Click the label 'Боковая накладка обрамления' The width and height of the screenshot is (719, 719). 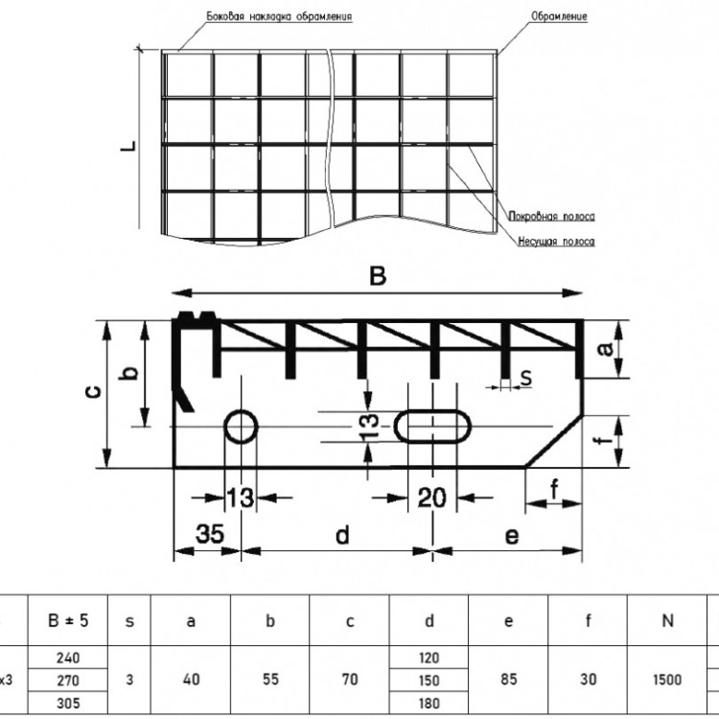(279, 17)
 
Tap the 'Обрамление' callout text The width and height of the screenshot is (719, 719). (559, 17)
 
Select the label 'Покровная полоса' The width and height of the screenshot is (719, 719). (551, 217)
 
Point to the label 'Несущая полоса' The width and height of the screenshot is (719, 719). (556, 242)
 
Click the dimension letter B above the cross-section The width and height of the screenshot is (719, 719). (378, 276)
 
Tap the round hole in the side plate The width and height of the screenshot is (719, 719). (242, 427)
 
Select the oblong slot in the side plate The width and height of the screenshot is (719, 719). (433, 427)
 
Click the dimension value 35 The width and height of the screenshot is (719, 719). (210, 533)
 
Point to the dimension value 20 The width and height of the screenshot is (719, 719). (432, 498)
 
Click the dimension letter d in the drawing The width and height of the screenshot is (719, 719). (342, 535)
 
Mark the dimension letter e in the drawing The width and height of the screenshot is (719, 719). (512, 536)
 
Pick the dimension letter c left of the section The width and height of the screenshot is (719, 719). (94, 391)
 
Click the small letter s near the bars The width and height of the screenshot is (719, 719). (526, 379)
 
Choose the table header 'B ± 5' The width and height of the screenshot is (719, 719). (68, 620)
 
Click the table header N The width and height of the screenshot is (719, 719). (667, 620)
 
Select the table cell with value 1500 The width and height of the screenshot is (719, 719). (667, 680)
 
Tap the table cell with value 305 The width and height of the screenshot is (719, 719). (68, 703)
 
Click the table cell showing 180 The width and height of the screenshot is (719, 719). (429, 703)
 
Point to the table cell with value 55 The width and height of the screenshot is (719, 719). (270, 680)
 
